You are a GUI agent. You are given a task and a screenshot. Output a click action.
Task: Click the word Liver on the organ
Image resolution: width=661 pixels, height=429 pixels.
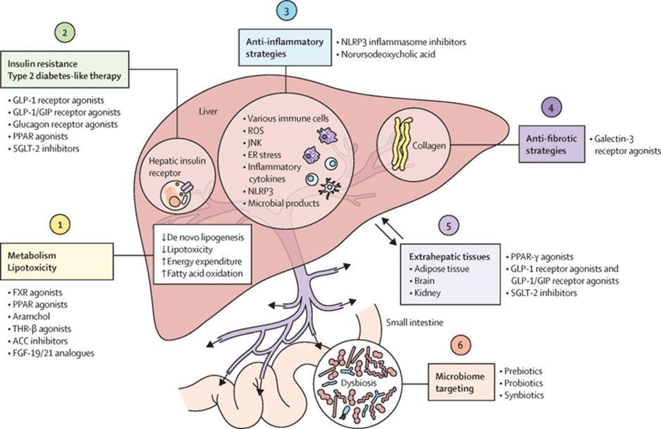click(206, 112)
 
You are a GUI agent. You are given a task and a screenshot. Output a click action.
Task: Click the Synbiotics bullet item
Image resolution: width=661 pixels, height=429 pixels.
click(524, 395)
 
